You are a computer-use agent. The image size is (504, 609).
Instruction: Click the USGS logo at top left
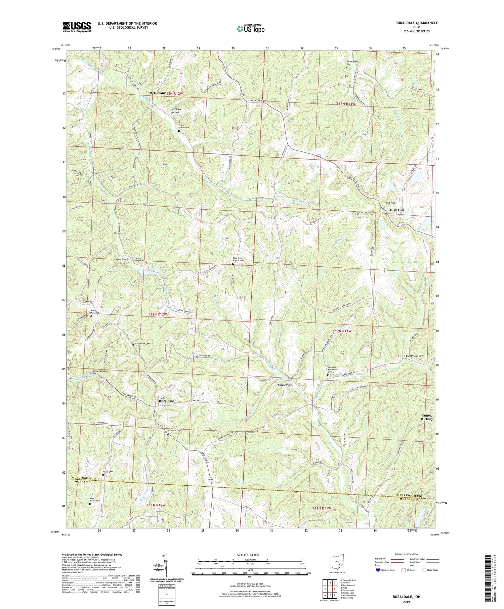77,27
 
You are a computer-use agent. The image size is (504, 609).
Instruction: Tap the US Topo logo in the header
250,29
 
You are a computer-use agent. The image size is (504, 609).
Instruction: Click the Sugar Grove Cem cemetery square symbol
179,131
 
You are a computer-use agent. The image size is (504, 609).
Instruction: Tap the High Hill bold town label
396,210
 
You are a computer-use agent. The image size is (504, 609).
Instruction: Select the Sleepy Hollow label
414,356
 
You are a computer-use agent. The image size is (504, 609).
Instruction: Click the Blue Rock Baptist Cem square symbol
233,264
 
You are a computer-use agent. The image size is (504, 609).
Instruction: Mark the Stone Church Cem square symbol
90,316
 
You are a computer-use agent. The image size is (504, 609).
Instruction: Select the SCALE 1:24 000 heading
250,555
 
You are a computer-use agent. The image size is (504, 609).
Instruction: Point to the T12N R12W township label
157,314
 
